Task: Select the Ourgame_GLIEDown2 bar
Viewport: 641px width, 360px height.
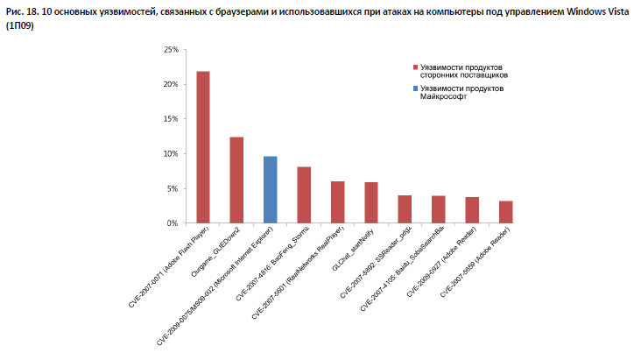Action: (236, 180)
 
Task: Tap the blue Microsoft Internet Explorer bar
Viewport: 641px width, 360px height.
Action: (271, 189)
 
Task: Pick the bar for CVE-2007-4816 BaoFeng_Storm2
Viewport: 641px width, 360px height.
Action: (304, 194)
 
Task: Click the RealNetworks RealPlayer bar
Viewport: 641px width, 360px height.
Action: (338, 202)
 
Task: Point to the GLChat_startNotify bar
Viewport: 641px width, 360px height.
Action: (371, 202)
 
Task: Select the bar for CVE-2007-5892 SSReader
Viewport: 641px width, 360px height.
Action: (405, 209)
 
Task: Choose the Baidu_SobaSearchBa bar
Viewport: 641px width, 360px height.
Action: (439, 209)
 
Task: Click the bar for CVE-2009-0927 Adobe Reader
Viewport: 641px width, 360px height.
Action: (472, 210)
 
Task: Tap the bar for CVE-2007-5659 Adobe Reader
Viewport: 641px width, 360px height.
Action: (506, 212)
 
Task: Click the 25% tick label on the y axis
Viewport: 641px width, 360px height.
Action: (171, 50)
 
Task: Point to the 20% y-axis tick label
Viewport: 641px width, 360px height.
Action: (171, 84)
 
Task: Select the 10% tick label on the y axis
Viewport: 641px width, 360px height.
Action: (171, 153)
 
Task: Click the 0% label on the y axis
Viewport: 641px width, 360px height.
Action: (173, 223)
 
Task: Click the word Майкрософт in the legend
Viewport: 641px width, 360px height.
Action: (443, 97)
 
